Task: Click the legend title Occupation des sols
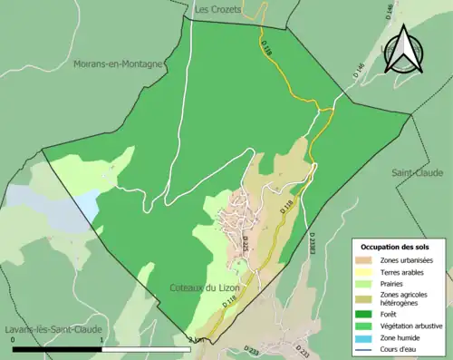(397, 247)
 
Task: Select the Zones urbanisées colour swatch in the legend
(367, 260)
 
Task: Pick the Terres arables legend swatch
(367, 272)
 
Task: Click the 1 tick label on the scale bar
(101, 340)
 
